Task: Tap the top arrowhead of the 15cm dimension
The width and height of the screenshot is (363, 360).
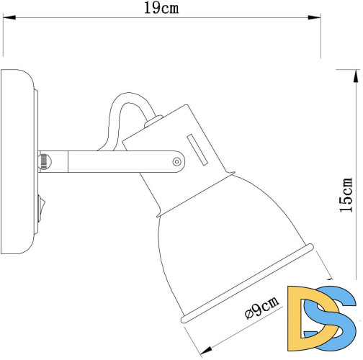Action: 355,73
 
